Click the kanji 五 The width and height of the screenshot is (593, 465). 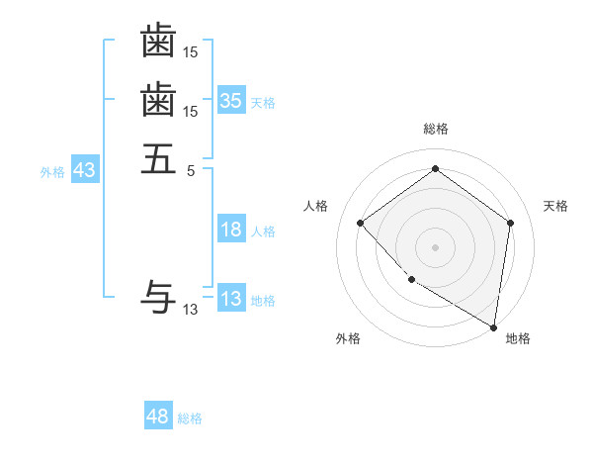[x=158, y=158]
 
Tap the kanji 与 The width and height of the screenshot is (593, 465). [x=158, y=296]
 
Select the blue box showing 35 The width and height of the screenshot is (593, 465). [x=231, y=100]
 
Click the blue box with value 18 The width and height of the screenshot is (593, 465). [x=231, y=230]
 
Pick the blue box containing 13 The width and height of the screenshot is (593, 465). [x=231, y=299]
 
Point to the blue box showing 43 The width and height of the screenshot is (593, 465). [x=85, y=170]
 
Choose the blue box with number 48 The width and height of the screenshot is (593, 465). [x=158, y=417]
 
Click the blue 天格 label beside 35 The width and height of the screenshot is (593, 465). [x=263, y=102]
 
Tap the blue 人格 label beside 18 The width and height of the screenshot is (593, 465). [x=263, y=232]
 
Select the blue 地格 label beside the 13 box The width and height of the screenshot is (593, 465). [x=263, y=301]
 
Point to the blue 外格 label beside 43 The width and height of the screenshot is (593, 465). [x=52, y=172]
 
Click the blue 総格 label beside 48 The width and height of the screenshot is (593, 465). [x=190, y=418]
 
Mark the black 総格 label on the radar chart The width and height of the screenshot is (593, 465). [x=435, y=129]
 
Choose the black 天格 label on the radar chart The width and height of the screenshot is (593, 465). [x=555, y=206]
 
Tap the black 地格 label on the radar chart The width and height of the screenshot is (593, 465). [x=518, y=338]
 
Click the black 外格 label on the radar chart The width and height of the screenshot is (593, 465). [x=348, y=338]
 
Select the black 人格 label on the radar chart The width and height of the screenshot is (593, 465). [x=315, y=206]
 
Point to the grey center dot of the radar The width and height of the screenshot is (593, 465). [x=435, y=245]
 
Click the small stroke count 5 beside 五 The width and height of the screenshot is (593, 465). [x=191, y=170]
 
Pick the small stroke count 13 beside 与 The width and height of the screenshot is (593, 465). [x=191, y=310]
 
